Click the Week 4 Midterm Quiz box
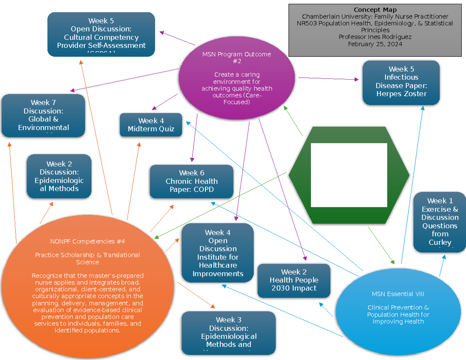(151, 125)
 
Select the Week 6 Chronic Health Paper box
(191, 181)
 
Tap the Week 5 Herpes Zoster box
(401, 82)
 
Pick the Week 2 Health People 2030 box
(294, 280)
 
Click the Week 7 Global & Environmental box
(43, 115)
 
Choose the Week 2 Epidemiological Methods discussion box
(59, 176)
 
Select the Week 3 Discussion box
(228, 333)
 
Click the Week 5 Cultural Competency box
(101, 34)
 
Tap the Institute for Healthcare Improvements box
(217, 253)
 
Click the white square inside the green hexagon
(349, 175)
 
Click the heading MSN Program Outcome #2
(236, 57)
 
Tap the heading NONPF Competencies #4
(87, 242)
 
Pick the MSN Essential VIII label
(398, 294)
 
